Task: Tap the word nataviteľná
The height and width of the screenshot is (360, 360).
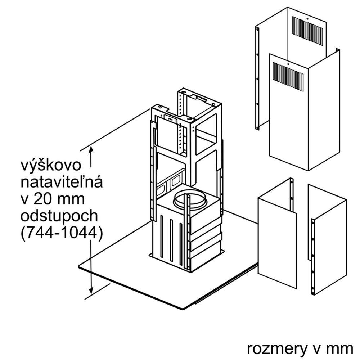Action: click(62, 183)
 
